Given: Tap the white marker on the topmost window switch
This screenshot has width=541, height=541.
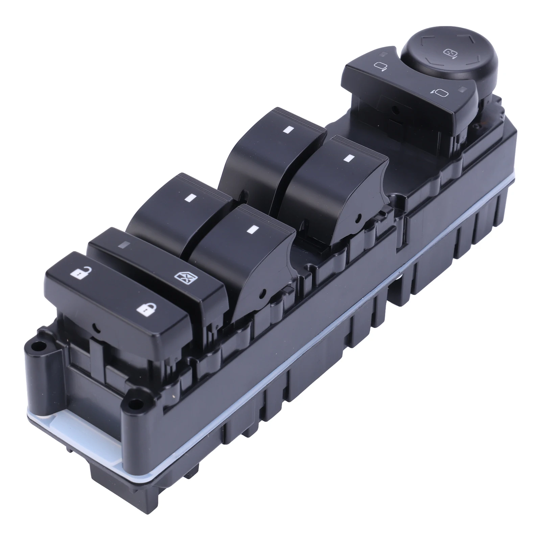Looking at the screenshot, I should [x=288, y=129].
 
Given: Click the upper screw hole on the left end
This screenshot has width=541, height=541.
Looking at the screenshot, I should [x=39, y=346].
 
